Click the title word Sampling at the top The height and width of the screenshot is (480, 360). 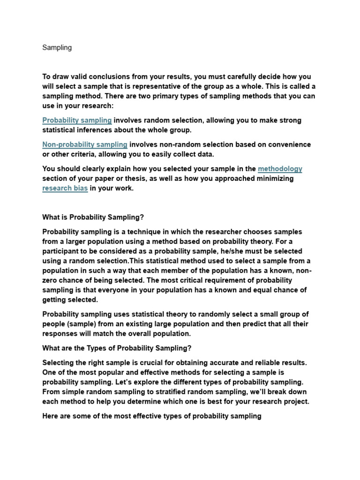coord(57,48)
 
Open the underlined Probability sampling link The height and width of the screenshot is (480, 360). coord(77,120)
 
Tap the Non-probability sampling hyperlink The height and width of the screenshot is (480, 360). coord(85,145)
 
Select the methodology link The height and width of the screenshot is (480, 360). coord(280,169)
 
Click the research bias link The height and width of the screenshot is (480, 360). coord(65,188)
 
